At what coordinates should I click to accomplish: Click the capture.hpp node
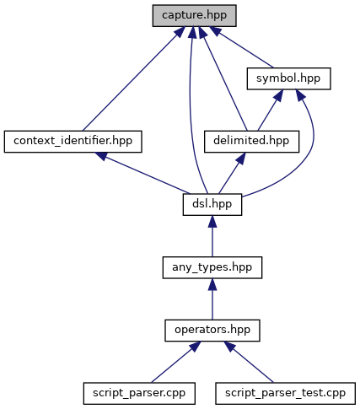(x=194, y=16)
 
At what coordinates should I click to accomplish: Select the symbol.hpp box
(x=288, y=78)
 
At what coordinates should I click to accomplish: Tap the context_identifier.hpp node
(x=73, y=142)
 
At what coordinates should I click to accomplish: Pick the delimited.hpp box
(x=251, y=142)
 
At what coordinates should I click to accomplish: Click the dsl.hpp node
(x=212, y=205)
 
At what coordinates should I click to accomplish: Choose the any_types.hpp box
(x=212, y=267)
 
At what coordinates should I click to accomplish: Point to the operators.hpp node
(x=212, y=331)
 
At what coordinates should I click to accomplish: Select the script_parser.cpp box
(x=139, y=394)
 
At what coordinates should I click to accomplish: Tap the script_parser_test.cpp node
(x=285, y=394)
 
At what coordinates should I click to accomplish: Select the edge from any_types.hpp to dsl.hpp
(x=212, y=236)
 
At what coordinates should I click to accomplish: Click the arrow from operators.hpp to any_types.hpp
(x=212, y=299)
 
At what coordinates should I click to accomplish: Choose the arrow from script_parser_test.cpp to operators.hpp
(x=249, y=362)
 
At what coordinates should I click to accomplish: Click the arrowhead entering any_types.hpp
(x=212, y=284)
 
